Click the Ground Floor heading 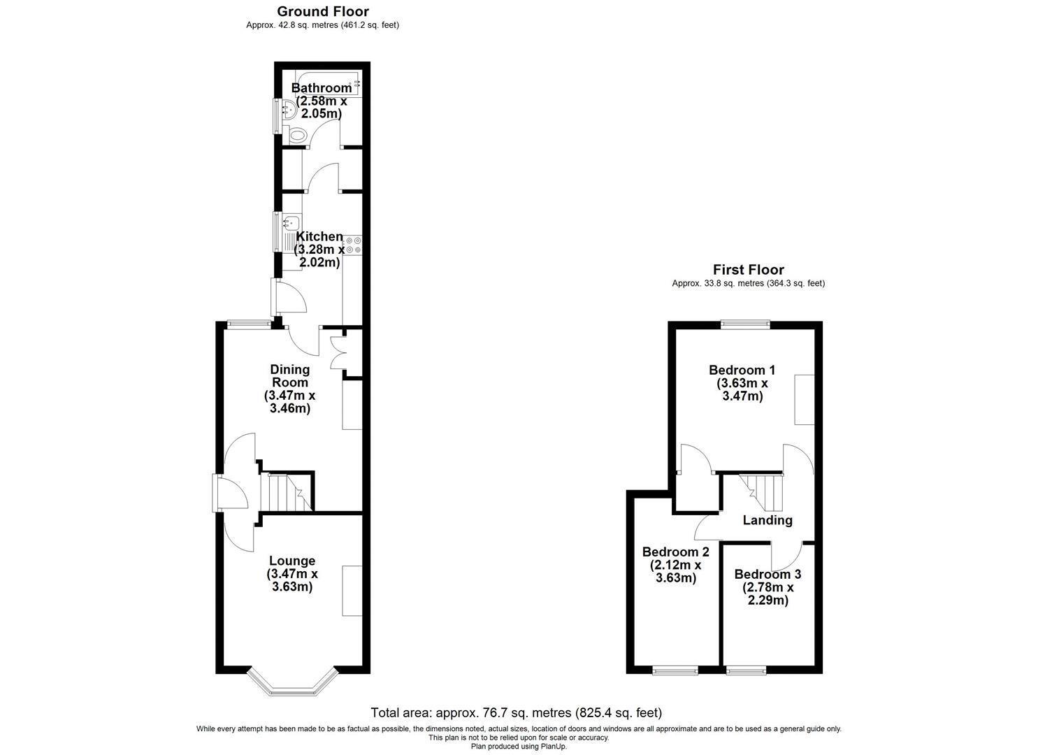322,11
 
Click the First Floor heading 749,269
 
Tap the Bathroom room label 321,87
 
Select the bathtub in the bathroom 328,83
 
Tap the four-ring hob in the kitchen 353,245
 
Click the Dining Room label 289,376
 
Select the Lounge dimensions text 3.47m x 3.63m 292,580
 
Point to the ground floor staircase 286,492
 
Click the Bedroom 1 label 742,370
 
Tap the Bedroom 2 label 676,552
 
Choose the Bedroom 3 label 767,574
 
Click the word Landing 767,520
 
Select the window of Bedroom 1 745,325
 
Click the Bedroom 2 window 675,670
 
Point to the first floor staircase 761,492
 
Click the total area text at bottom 517,712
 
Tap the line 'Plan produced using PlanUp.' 519,747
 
